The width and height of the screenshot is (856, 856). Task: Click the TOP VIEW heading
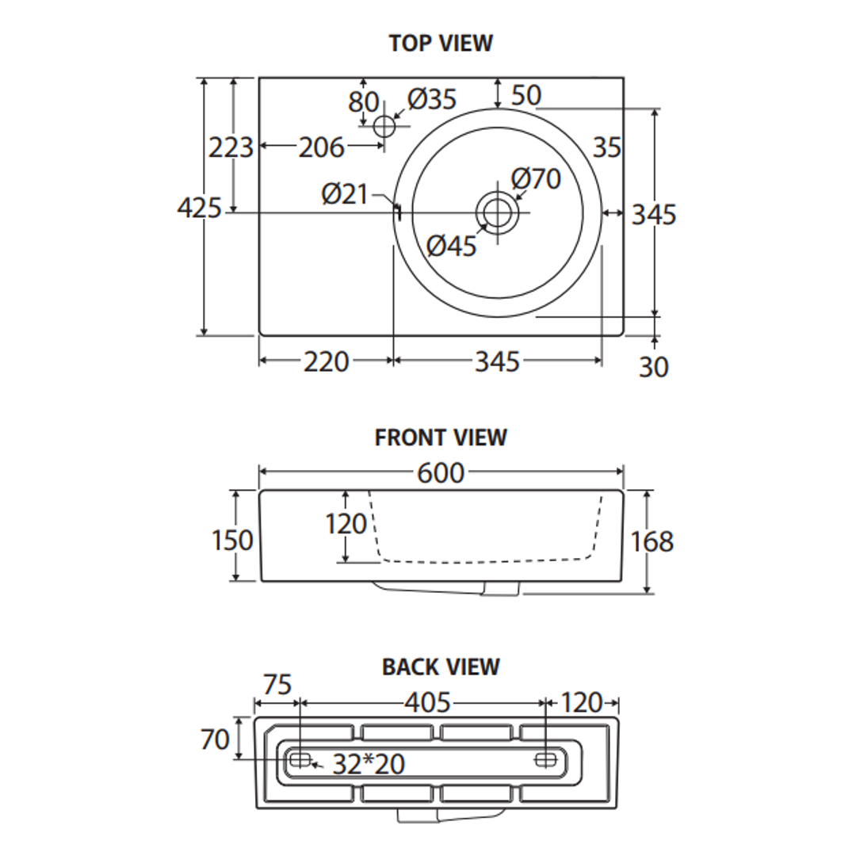point(441,43)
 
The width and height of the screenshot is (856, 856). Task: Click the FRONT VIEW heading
point(441,438)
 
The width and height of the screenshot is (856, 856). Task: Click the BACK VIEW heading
point(441,667)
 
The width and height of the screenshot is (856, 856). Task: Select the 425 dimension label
point(199,208)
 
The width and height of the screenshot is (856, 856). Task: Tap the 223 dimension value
point(231,147)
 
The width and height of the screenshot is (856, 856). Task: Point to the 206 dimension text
point(322,147)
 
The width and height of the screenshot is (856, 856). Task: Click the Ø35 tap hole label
point(433,99)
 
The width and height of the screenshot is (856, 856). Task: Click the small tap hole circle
point(384,125)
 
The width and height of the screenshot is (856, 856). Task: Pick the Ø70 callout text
point(536,179)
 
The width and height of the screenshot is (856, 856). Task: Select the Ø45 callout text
point(452,246)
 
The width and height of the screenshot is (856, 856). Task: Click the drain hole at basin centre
point(497,212)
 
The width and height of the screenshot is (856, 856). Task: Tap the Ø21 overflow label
point(346,193)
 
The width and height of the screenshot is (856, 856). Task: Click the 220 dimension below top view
point(327,362)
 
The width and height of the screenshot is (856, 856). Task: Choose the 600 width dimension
point(441,473)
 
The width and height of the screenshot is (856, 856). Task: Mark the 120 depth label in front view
point(347,524)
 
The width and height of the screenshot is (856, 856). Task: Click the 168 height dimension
point(652,542)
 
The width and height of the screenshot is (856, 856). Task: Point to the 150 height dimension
point(233,541)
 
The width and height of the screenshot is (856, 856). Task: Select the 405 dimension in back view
point(428,703)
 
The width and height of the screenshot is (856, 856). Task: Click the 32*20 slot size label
point(369,765)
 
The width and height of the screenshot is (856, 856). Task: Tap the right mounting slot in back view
point(546,759)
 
